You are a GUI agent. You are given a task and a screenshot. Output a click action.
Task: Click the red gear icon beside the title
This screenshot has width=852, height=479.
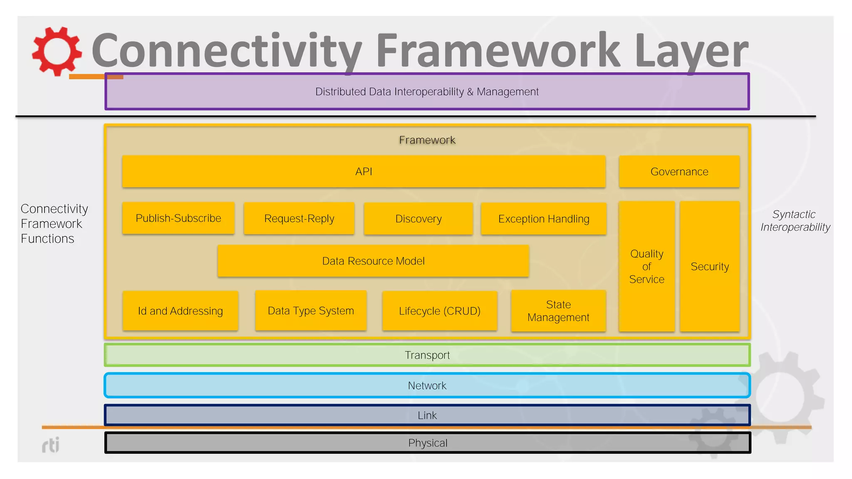[57, 51]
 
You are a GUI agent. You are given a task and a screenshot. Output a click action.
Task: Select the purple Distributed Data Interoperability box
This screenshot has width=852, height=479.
[427, 91]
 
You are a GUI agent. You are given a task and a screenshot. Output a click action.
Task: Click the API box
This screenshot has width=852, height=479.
[364, 171]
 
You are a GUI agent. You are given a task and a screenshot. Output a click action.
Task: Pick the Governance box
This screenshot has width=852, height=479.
[679, 171]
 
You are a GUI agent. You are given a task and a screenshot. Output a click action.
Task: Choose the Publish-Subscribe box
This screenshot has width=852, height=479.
[178, 218]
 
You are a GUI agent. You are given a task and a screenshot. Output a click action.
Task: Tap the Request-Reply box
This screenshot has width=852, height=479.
[299, 218]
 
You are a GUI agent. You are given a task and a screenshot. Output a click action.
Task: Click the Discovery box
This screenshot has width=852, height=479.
[418, 219]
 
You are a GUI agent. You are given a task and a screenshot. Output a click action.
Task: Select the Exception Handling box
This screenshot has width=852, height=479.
[543, 219]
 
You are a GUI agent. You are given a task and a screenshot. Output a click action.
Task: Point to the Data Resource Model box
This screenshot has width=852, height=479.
[373, 261]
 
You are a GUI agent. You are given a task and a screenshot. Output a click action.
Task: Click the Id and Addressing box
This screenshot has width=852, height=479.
[180, 311]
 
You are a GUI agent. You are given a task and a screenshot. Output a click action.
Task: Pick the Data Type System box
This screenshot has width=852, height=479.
[311, 310]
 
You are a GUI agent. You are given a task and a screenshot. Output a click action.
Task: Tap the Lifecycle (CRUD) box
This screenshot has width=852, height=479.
[439, 311]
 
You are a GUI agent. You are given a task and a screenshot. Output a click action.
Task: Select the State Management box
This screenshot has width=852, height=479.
[558, 311]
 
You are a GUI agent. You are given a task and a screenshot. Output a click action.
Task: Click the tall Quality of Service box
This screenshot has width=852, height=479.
[646, 266]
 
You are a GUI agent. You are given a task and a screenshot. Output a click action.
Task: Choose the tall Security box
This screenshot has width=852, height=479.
[709, 266]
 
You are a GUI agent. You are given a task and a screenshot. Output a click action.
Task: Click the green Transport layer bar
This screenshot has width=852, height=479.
[427, 355]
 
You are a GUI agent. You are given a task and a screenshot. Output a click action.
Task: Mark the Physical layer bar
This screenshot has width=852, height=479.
[427, 442]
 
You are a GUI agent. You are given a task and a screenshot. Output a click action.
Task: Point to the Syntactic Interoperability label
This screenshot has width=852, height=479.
[795, 220]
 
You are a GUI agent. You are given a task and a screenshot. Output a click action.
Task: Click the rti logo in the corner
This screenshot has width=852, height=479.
[51, 445]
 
